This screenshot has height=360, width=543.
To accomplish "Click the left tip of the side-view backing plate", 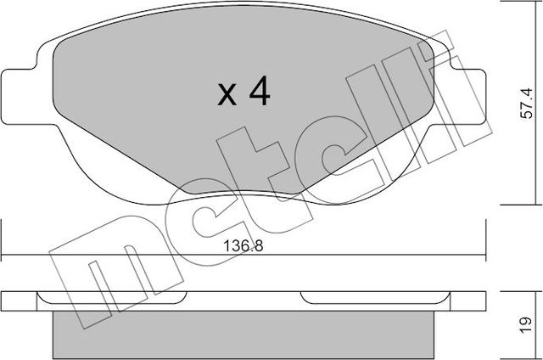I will (3, 300).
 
